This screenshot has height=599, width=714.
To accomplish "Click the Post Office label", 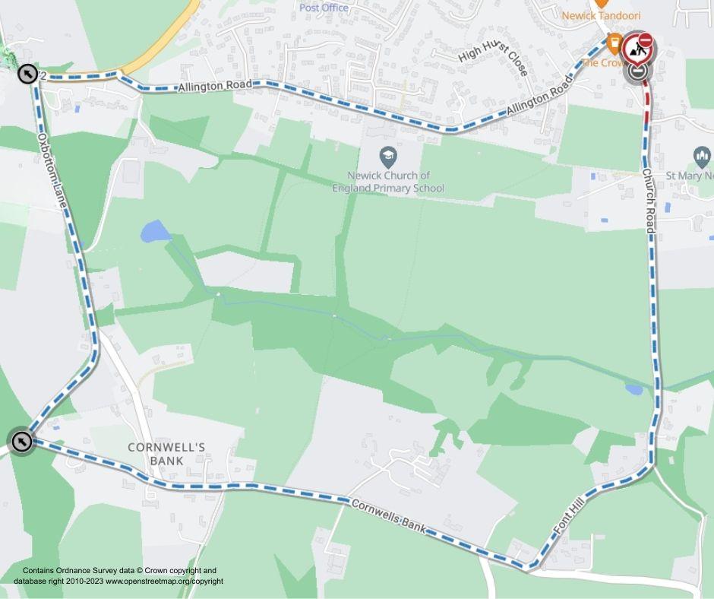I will [324, 8].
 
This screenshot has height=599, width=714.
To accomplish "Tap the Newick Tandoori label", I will [601, 15].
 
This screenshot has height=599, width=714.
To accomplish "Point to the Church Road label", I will [648, 201].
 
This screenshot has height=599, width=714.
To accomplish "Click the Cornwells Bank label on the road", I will [388, 516].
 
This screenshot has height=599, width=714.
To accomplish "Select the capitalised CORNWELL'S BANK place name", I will [166, 454].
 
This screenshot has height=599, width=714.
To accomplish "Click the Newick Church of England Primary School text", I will [388, 182].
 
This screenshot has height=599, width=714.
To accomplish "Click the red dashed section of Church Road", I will [646, 103].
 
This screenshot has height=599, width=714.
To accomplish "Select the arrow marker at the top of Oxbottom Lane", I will [27, 74].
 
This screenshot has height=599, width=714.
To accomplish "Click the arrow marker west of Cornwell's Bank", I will [22, 441].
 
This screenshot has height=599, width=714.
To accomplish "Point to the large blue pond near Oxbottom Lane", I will [155, 230].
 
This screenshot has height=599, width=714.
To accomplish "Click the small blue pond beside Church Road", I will [633, 389].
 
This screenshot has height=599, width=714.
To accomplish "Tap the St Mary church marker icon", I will [703, 158].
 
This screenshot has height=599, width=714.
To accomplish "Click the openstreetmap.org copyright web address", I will [164, 581].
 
